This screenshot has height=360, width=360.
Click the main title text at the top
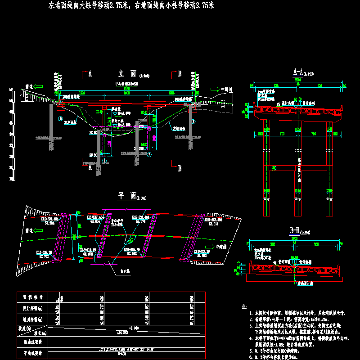click(x=130, y=6)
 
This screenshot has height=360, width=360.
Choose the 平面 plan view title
click(x=127, y=196)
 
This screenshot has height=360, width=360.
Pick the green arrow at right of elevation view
click(x=215, y=89)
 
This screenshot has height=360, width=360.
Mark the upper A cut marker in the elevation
click(x=90, y=73)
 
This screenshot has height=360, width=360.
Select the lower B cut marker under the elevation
click(x=180, y=168)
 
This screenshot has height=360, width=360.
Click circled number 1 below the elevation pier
click(x=104, y=161)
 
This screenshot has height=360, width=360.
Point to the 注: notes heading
click(x=244, y=306)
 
